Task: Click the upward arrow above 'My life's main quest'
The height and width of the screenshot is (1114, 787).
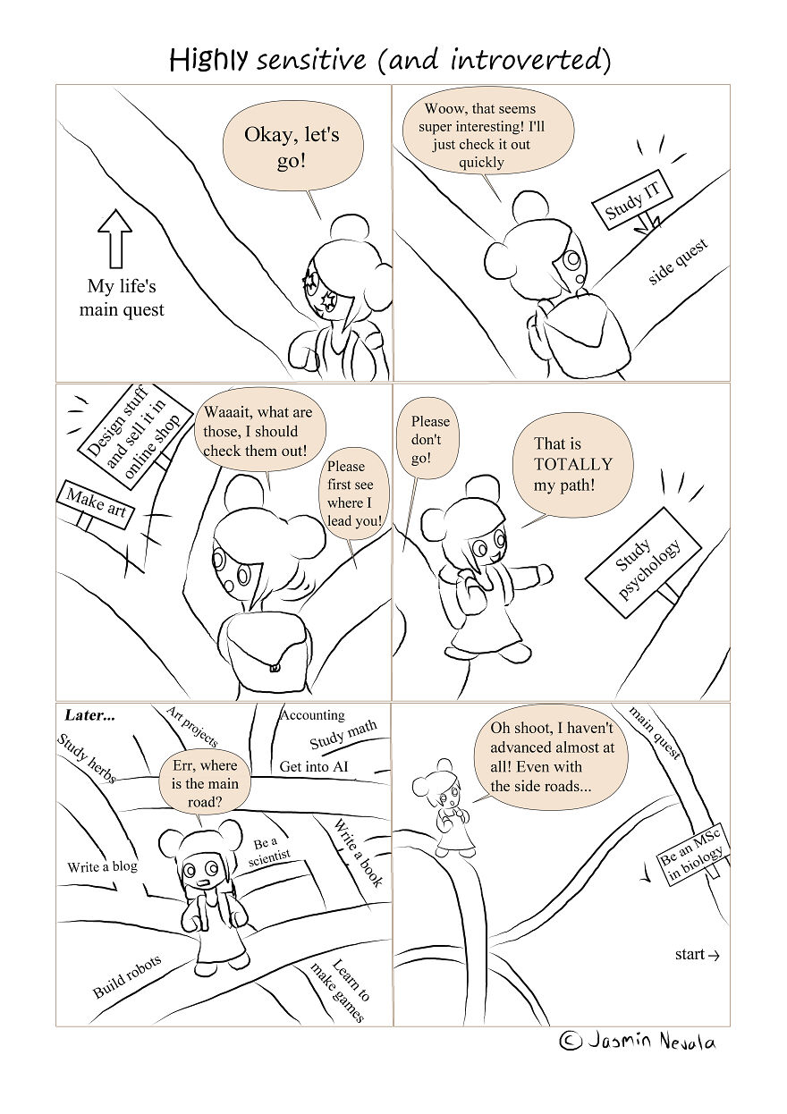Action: (114, 238)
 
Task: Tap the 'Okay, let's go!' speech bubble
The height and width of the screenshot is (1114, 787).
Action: (292, 148)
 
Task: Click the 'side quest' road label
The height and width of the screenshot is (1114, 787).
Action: (678, 262)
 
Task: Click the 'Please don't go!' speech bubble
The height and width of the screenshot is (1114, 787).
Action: (430, 440)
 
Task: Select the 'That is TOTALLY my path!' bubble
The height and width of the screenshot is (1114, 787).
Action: (573, 465)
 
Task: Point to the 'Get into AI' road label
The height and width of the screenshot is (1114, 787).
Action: (313, 766)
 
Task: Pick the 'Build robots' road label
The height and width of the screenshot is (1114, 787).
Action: (127, 976)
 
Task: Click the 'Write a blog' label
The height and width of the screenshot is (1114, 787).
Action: (102, 866)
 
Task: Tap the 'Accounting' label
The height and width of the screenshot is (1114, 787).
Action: (312, 715)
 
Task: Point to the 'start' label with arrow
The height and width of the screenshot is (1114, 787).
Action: (697, 955)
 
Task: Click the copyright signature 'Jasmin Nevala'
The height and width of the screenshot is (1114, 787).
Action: (638, 1042)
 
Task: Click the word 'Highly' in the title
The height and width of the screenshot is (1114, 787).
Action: (208, 60)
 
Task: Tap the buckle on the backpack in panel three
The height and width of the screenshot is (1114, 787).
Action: (275, 666)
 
